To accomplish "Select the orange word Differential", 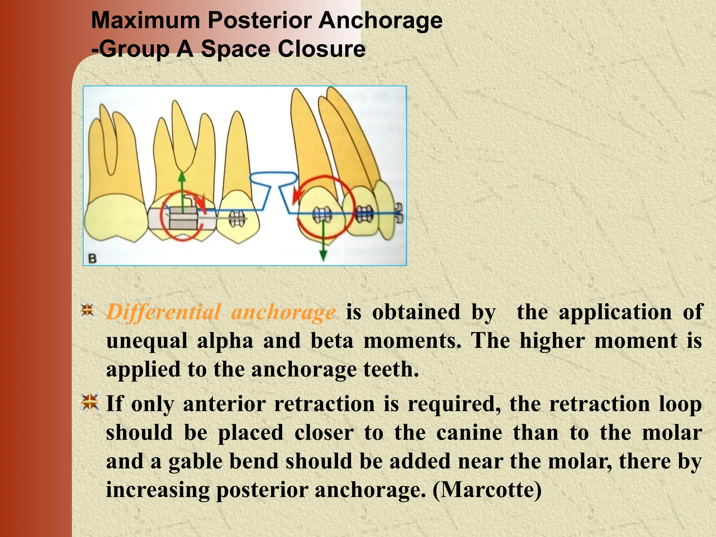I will click(x=163, y=312).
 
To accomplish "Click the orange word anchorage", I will click(x=283, y=312).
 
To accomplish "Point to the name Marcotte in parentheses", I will click(x=487, y=489).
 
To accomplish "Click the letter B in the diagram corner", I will click(x=92, y=259).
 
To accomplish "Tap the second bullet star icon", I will click(x=90, y=402).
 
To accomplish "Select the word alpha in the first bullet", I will click(x=225, y=341).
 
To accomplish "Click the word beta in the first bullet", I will click(x=332, y=341).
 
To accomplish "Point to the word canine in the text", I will click(x=469, y=432).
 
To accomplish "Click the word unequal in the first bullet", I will click(x=146, y=341).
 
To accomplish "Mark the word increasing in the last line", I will click(x=157, y=489).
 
